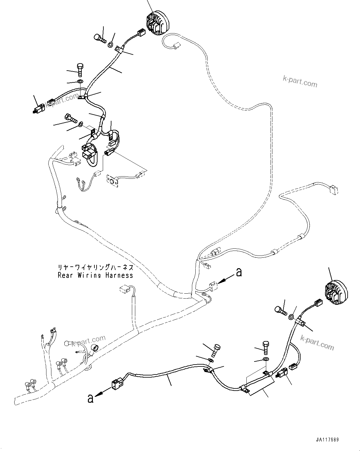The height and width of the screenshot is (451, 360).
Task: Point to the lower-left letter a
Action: [90, 398]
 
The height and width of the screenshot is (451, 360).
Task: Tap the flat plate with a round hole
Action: [113, 181]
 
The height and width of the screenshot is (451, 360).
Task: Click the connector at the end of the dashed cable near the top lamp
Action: [176, 46]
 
